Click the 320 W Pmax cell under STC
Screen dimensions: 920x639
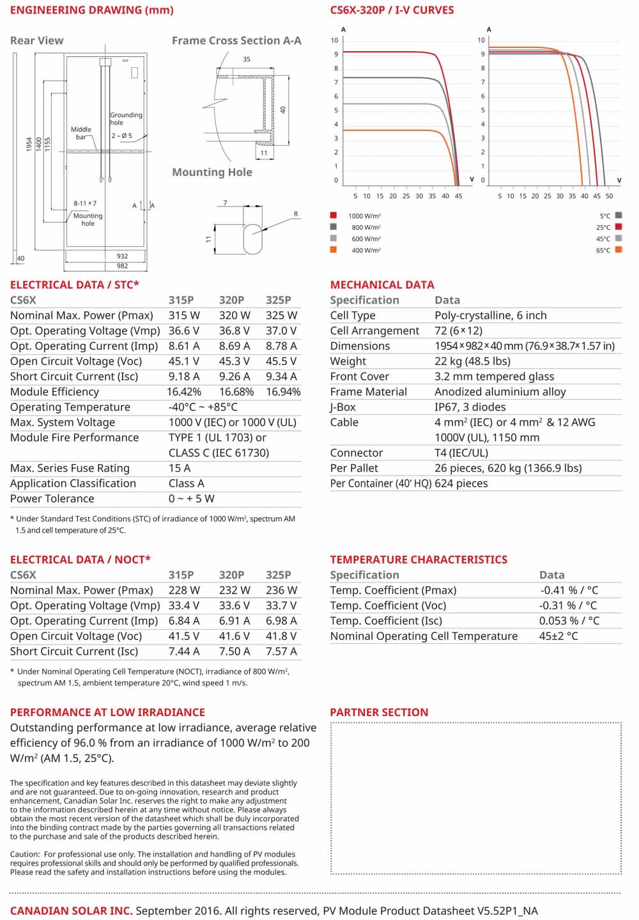pos(235,315)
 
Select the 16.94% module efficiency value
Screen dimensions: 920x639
pos(283,392)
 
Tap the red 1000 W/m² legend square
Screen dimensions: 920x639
pos(334,215)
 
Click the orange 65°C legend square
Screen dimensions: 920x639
pos(619,250)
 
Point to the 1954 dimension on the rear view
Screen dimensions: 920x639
pos(29,144)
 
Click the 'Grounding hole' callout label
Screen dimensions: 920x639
pos(126,119)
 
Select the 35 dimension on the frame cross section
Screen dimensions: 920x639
pos(247,59)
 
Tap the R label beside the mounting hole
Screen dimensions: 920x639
pos(296,214)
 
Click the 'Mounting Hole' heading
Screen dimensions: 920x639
pos(212,172)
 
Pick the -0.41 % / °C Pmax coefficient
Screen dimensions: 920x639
pos(569,590)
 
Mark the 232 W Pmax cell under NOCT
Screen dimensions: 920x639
pos(235,590)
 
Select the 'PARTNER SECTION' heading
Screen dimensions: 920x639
pos(379,712)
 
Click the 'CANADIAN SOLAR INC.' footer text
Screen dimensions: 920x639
pos(72,910)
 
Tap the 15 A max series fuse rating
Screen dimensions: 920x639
pos(180,468)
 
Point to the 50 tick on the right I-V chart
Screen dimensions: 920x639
pos(609,196)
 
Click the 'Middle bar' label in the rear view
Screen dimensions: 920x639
pos(81,133)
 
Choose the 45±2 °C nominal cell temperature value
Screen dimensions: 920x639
pos(558,636)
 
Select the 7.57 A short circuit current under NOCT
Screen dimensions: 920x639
pos(281,651)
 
